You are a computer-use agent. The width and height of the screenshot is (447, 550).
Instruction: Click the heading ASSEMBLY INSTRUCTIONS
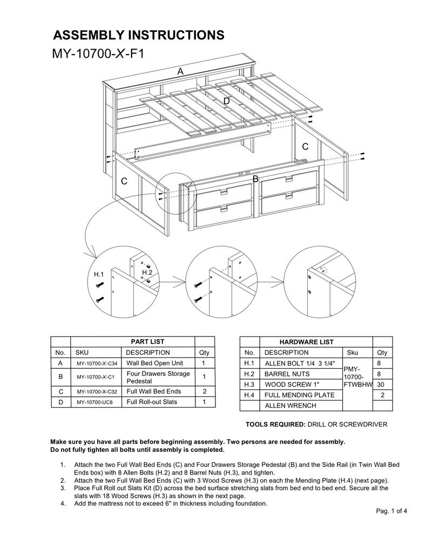[138, 36]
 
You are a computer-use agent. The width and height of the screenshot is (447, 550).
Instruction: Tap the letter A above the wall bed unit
[180, 71]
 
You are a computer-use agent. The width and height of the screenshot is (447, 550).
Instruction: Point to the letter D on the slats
[226, 101]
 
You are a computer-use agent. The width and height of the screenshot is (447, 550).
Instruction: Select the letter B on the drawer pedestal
[255, 178]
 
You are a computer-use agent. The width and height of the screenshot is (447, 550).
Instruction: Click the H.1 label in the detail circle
[99, 274]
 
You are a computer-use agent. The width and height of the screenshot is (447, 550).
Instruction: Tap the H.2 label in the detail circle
[147, 273]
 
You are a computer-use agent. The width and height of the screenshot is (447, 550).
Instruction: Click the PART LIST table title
[147, 341]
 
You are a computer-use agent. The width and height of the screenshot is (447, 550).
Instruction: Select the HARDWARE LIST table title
[306, 342]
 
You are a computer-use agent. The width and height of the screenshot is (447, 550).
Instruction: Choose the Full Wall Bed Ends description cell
[154, 391]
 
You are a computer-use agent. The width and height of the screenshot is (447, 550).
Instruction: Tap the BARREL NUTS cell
[287, 374]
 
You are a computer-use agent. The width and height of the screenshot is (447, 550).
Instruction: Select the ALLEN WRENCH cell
[289, 405]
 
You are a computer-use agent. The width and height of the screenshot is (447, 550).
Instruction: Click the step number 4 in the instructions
[63, 504]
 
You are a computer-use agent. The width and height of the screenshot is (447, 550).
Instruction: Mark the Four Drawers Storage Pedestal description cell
[158, 377]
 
